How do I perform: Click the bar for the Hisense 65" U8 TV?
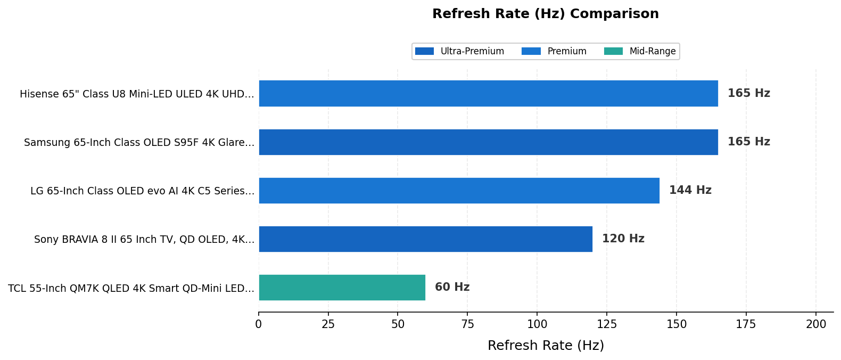pos(488,93)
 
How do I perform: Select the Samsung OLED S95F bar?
pos(488,142)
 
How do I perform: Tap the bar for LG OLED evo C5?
pos(459,191)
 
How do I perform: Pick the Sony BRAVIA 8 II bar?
pos(425,239)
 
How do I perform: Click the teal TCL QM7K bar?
pos(342,288)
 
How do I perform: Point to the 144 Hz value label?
pos(690,191)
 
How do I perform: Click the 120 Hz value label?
pos(623,239)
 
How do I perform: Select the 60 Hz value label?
pos(452,288)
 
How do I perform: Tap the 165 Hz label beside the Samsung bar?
pos(748,142)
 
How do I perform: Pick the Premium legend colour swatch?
pos(531,52)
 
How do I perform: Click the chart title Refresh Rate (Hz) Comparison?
pos(545,14)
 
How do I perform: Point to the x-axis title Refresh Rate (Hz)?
pos(546,346)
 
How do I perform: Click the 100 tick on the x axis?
pos(537,324)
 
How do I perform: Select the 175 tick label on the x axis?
pos(746,324)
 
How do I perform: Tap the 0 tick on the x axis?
pos(259,324)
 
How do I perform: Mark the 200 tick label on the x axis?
pos(815,324)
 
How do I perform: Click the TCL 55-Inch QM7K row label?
pos(131,289)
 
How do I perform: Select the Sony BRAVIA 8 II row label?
pos(144,240)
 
